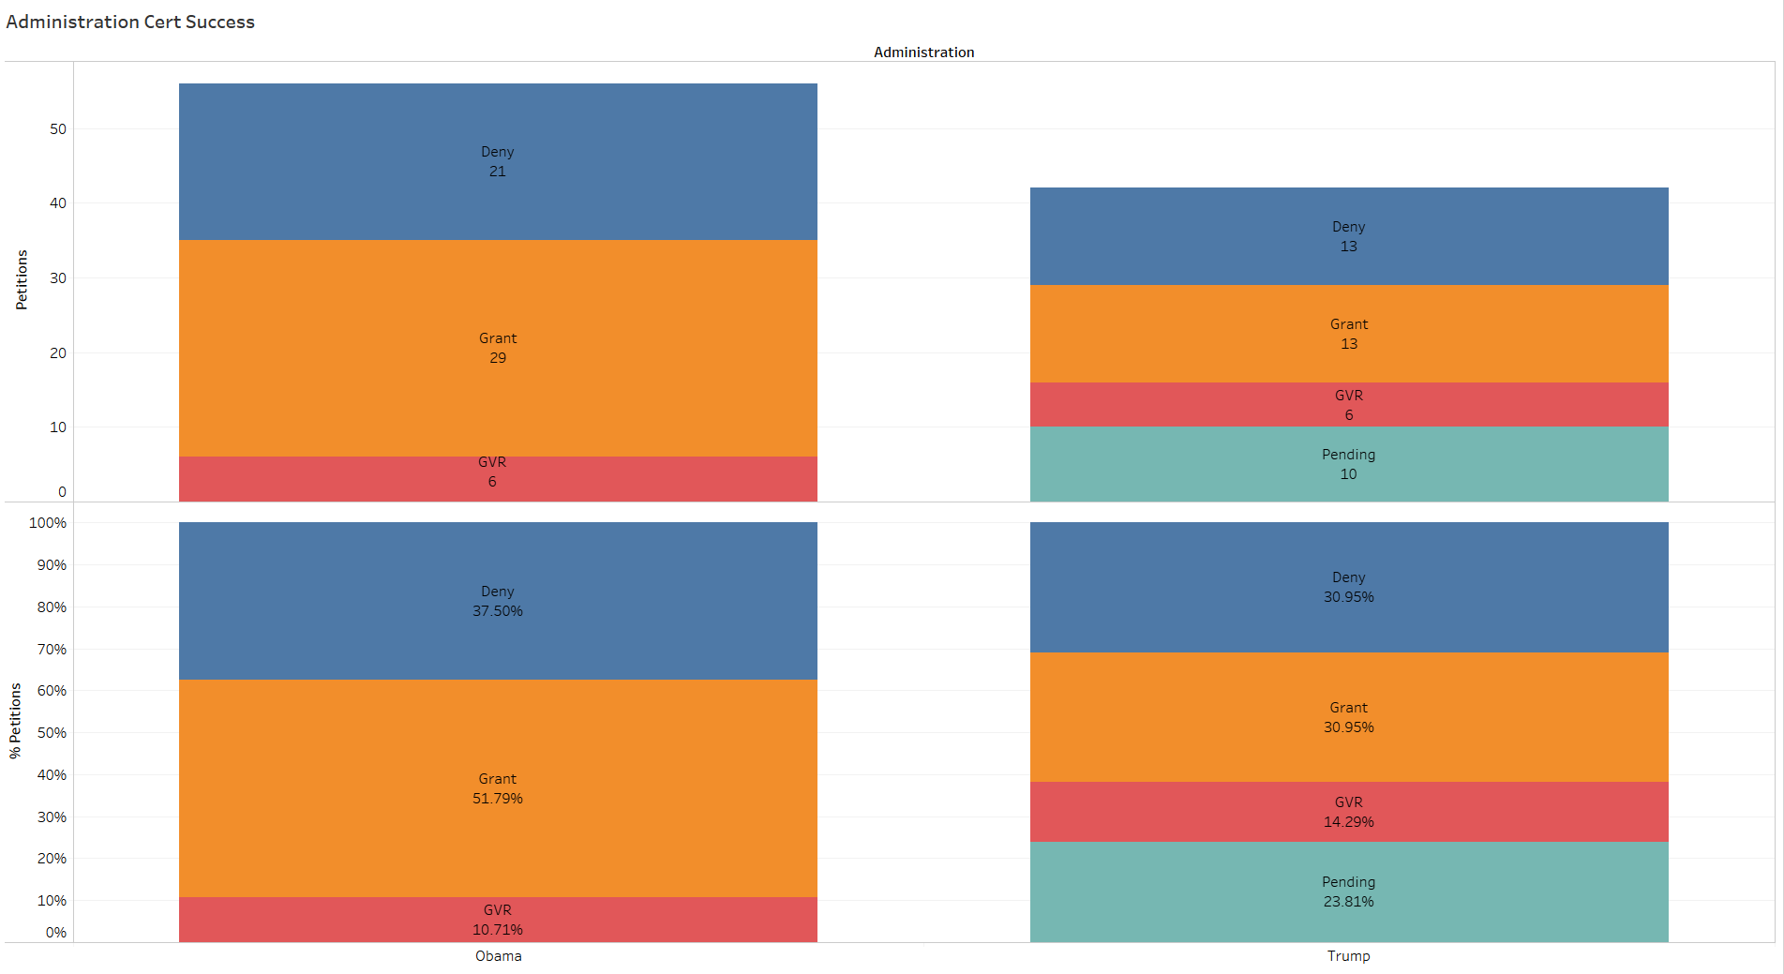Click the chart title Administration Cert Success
point(130,22)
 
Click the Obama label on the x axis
point(498,956)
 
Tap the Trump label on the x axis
point(1348,956)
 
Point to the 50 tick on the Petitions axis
point(58,129)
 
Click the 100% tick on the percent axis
point(48,523)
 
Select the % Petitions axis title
point(15,720)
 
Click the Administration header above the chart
point(923,52)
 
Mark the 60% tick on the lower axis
point(52,691)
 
